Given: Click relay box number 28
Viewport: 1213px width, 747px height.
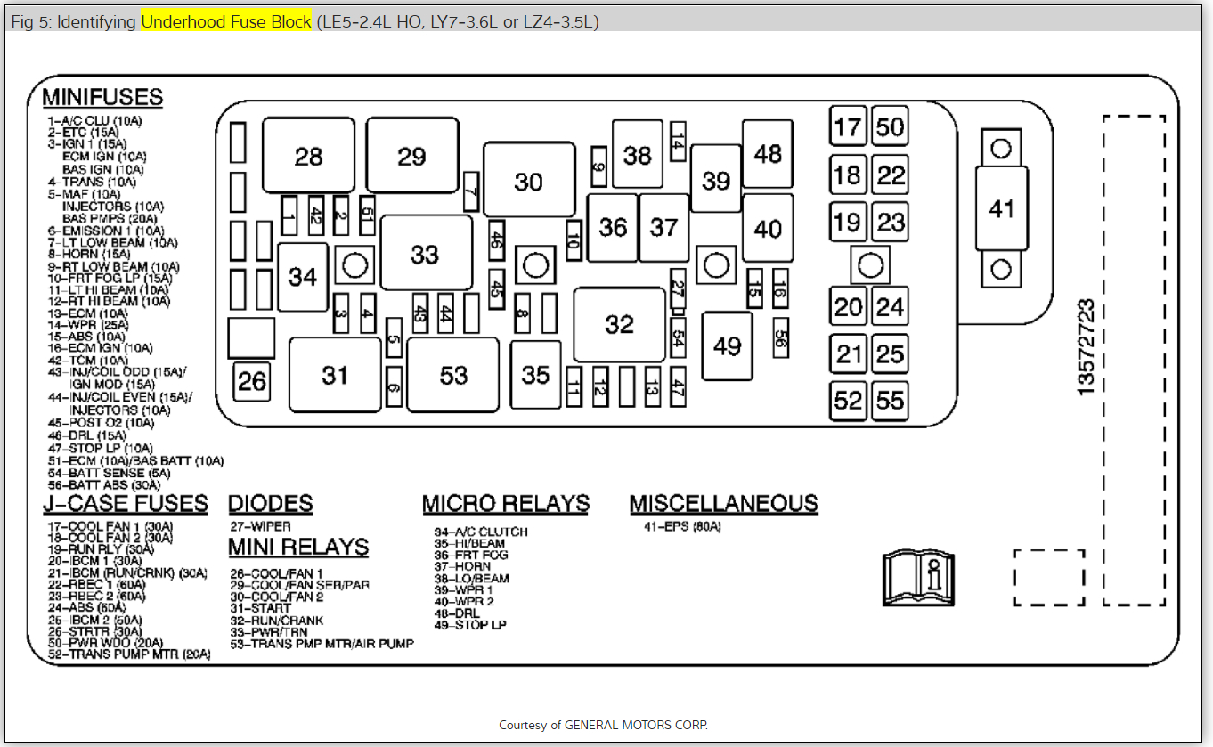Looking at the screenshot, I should [x=309, y=156].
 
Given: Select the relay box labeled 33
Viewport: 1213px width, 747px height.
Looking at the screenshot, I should [x=426, y=254].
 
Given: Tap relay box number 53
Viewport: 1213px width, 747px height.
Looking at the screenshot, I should [x=453, y=375].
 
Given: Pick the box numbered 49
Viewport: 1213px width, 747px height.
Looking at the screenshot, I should [x=727, y=345].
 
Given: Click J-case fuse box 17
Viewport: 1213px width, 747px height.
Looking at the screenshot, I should [x=848, y=126].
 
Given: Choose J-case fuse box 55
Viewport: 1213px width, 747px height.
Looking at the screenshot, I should [x=890, y=401].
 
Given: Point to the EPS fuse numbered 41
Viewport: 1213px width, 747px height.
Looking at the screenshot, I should [x=1001, y=209].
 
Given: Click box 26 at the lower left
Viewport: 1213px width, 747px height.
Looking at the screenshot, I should [x=252, y=381].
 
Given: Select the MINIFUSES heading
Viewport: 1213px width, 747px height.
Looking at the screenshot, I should [x=102, y=97].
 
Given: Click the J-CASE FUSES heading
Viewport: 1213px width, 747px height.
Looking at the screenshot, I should [x=126, y=504].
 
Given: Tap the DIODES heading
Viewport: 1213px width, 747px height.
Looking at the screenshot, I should [x=271, y=504].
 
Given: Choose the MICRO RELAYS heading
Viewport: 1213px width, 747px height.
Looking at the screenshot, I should [x=506, y=504].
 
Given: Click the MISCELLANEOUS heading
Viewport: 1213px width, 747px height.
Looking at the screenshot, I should [x=723, y=504].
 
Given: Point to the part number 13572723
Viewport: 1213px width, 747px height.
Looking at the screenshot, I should [x=1086, y=347].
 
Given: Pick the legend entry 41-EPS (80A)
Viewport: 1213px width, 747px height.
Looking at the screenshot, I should [x=682, y=527].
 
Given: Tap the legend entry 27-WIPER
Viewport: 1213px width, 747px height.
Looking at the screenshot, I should [x=260, y=526].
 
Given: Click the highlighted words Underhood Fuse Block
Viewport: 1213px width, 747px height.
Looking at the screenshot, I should [x=226, y=22].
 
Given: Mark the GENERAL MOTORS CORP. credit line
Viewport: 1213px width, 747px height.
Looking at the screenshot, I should [x=603, y=725].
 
